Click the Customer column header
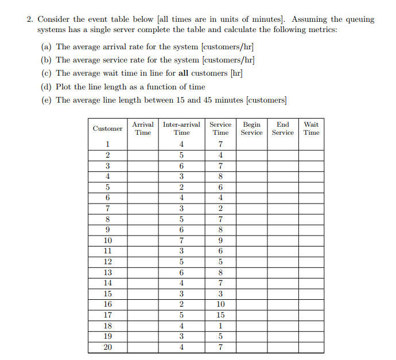click(x=108, y=128)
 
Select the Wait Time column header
click(x=311, y=128)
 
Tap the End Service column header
click(x=282, y=128)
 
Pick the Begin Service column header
click(x=251, y=128)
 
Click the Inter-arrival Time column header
click(x=181, y=128)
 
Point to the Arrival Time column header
click(x=143, y=128)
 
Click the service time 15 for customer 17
click(x=220, y=315)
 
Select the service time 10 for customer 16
click(x=220, y=304)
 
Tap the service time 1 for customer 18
click(x=220, y=326)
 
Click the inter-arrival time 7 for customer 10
click(x=181, y=241)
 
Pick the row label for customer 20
click(x=108, y=347)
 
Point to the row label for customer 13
click(x=108, y=272)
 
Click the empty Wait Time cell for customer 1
click(x=311, y=144)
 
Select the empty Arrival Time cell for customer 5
click(x=143, y=187)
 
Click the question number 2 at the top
click(x=29, y=19)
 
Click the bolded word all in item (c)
click(x=184, y=73)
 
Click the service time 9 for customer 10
click(x=220, y=241)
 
